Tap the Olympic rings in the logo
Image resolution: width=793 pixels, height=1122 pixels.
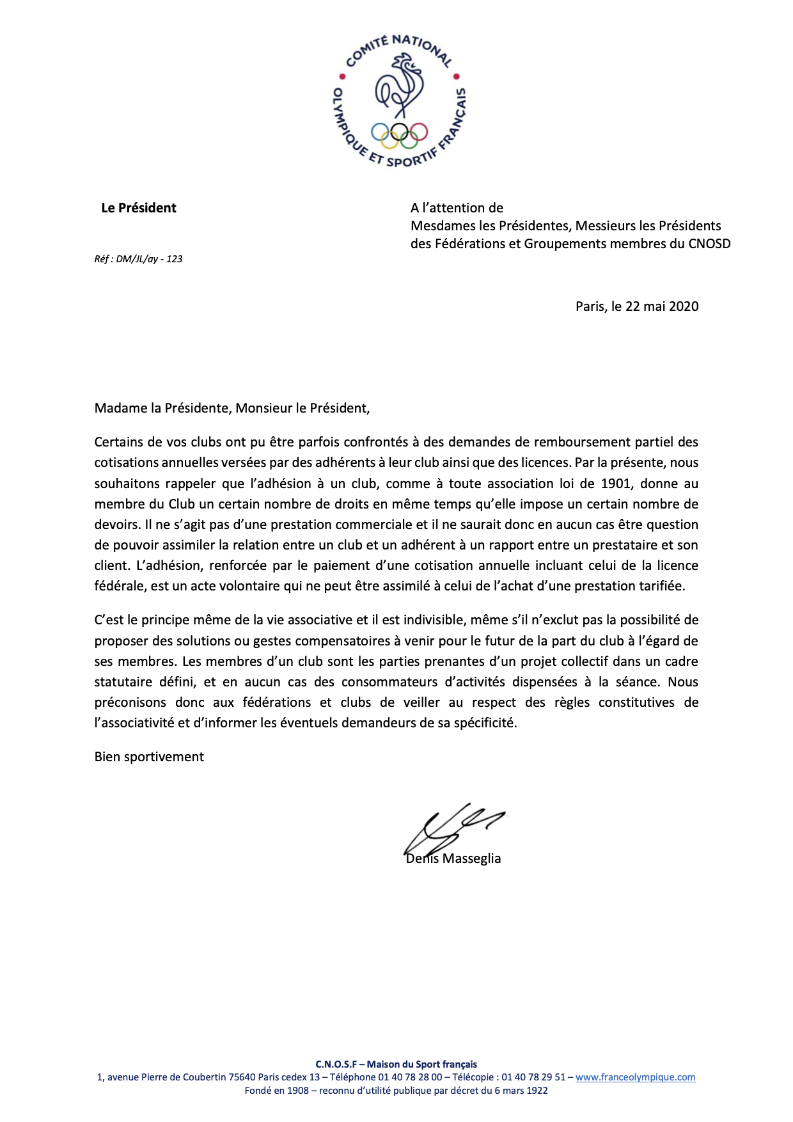pos(400,133)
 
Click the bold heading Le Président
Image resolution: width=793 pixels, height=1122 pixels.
pos(139,208)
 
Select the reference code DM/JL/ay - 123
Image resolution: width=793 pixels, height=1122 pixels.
pos(149,259)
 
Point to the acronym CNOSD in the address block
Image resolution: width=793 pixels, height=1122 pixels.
pos(709,244)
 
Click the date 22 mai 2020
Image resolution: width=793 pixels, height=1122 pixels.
pos(662,306)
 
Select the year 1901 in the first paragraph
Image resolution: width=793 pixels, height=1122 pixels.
pos(616,484)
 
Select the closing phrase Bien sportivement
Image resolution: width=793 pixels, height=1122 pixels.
pos(149,757)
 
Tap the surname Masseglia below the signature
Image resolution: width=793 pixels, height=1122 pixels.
pos(472,858)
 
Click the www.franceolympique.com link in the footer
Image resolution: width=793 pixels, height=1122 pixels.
pos(635,1077)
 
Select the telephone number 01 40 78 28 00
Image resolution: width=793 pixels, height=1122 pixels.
pos(410,1077)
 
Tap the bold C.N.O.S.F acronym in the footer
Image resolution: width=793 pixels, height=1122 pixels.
pos(336,1064)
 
